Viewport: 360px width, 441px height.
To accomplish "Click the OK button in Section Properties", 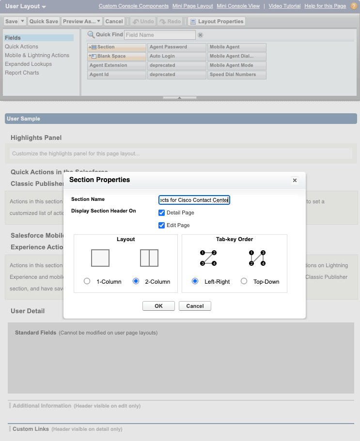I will click(158, 306).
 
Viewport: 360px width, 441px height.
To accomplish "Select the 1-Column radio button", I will click(87, 281).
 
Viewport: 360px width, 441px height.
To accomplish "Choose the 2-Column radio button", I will click(136, 281).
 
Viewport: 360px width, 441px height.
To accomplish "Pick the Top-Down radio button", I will click(244, 281).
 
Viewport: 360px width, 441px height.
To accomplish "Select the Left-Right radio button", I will click(195, 281).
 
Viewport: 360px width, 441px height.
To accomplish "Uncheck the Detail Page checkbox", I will click(162, 213).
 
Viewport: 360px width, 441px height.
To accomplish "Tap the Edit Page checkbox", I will click(162, 225).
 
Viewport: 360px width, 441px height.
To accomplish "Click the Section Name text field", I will click(194, 200).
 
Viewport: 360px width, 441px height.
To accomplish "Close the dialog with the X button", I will click(295, 180).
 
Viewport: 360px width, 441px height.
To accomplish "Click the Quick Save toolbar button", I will click(44, 21).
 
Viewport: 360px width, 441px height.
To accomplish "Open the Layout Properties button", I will click(217, 21).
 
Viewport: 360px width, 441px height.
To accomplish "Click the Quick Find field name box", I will click(160, 35).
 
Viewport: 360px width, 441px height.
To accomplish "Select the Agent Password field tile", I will click(176, 47).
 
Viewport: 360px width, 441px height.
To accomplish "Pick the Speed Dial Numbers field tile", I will click(236, 75).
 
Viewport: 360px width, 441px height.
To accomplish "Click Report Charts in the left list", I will click(22, 73).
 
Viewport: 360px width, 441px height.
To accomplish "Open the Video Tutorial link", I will click(284, 6).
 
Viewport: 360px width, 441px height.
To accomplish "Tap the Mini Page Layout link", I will click(192, 6).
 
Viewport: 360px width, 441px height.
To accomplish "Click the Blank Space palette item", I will click(117, 56).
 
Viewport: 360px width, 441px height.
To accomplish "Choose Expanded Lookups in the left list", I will click(28, 64).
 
